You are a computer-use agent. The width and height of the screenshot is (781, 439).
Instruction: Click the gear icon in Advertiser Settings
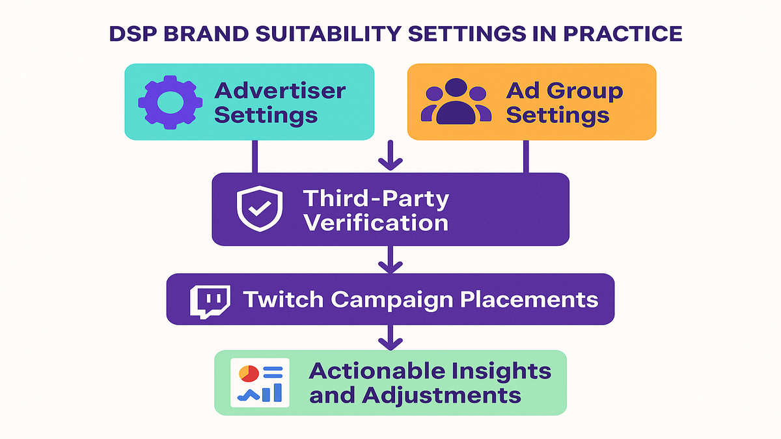click(x=170, y=103)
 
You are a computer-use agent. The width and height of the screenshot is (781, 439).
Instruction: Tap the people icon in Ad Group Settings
click(x=456, y=101)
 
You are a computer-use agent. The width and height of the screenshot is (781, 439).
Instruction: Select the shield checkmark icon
click(x=260, y=208)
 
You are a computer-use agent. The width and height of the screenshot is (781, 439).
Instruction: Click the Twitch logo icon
click(x=210, y=302)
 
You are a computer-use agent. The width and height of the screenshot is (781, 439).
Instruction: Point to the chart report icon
click(x=260, y=382)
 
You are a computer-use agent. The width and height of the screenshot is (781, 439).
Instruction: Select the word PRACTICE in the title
click(x=622, y=34)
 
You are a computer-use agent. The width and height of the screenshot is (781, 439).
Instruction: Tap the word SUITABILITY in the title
click(x=329, y=34)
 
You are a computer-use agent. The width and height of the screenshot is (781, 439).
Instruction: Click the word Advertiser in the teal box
click(x=280, y=90)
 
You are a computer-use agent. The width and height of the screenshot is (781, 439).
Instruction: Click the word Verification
click(x=376, y=223)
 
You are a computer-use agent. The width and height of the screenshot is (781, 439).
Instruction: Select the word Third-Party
click(x=376, y=199)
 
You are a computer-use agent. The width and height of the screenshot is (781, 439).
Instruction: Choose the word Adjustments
click(x=441, y=396)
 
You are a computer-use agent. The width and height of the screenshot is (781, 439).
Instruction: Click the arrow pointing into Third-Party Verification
click(x=390, y=155)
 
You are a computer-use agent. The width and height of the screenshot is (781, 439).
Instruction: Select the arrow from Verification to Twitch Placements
click(x=390, y=259)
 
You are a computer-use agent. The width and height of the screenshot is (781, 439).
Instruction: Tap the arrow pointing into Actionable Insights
click(x=390, y=338)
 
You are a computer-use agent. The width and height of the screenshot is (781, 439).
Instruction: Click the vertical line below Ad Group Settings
click(x=526, y=157)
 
